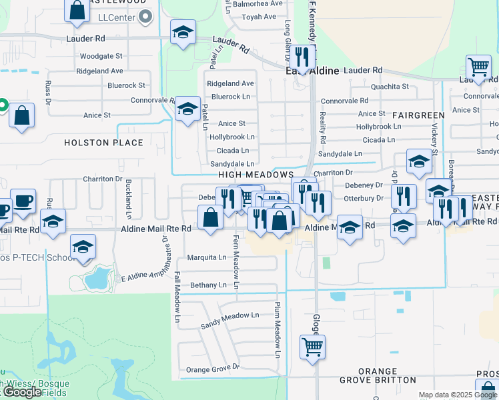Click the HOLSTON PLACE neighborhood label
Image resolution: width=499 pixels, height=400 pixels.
tap(103, 143)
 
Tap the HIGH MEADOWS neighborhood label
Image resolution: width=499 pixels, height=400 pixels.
tap(256, 175)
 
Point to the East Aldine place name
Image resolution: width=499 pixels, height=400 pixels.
tap(314, 71)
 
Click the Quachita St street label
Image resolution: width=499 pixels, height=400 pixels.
tap(390, 87)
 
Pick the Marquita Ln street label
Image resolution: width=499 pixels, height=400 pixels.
tap(207, 257)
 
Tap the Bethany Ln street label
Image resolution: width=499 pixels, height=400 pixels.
tap(208, 285)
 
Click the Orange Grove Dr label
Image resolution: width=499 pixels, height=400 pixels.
tap(212, 369)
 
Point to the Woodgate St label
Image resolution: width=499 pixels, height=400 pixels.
tap(101, 56)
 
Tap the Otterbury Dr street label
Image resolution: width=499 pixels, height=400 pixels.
tap(363, 198)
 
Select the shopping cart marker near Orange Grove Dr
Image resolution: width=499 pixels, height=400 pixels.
tap(312, 346)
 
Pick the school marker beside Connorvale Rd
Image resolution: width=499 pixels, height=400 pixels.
tap(187, 108)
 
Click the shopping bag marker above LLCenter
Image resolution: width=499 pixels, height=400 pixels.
tap(77, 9)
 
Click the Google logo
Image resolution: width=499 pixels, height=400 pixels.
tap(22, 392)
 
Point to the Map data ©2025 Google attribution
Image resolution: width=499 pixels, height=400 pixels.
tap(457, 395)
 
